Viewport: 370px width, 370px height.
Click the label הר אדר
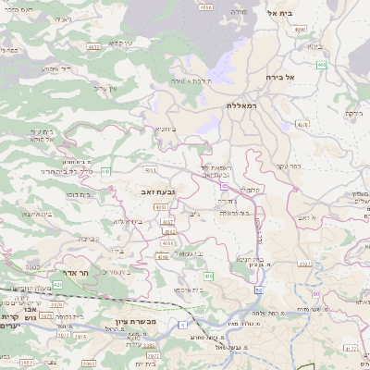70,274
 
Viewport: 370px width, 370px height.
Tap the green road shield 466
321,65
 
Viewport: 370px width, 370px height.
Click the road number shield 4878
302,122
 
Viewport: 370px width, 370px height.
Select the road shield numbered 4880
300,30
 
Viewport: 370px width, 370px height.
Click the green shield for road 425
57,285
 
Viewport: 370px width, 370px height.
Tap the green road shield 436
209,276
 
